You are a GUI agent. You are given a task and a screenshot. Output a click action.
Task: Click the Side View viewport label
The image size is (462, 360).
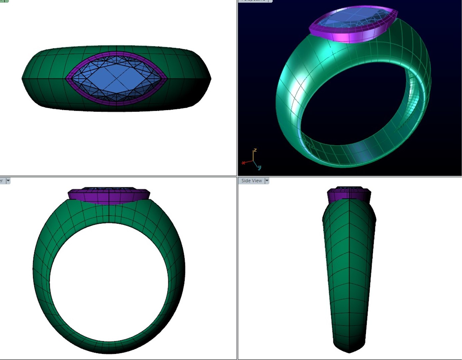coord(251,181)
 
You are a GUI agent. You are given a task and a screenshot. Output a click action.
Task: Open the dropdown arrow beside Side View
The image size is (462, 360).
coord(267,181)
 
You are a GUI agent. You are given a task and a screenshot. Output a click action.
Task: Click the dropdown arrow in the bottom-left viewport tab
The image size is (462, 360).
coord(8,181)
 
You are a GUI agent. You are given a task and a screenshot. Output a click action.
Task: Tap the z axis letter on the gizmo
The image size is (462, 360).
coord(255,150)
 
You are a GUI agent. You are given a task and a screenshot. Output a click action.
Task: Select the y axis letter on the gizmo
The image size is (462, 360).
coord(259,167)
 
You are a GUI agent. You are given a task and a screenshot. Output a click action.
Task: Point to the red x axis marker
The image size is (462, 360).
coord(243,163)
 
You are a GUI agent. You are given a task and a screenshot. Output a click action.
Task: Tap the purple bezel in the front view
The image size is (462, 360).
coord(109,197)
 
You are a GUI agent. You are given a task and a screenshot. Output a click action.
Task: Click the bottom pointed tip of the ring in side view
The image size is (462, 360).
coord(349,352)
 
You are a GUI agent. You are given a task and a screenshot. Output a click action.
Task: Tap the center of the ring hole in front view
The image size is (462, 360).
coord(109,282)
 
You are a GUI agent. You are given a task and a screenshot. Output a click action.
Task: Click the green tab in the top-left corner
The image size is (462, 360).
coord(4,1)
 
